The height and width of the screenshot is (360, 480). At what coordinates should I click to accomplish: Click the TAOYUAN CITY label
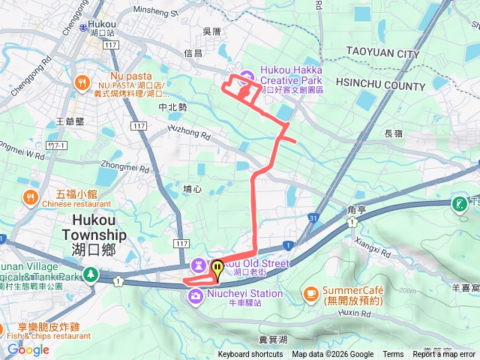click(x=382, y=54)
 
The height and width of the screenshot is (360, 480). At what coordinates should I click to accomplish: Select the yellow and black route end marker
click(x=217, y=268)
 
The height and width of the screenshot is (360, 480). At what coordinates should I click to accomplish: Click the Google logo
click(x=28, y=349)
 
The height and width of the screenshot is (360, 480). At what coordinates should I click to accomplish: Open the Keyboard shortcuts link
click(x=250, y=355)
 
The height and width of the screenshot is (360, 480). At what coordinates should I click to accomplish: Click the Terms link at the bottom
click(x=393, y=355)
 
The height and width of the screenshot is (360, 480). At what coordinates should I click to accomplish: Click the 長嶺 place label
click(x=394, y=133)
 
